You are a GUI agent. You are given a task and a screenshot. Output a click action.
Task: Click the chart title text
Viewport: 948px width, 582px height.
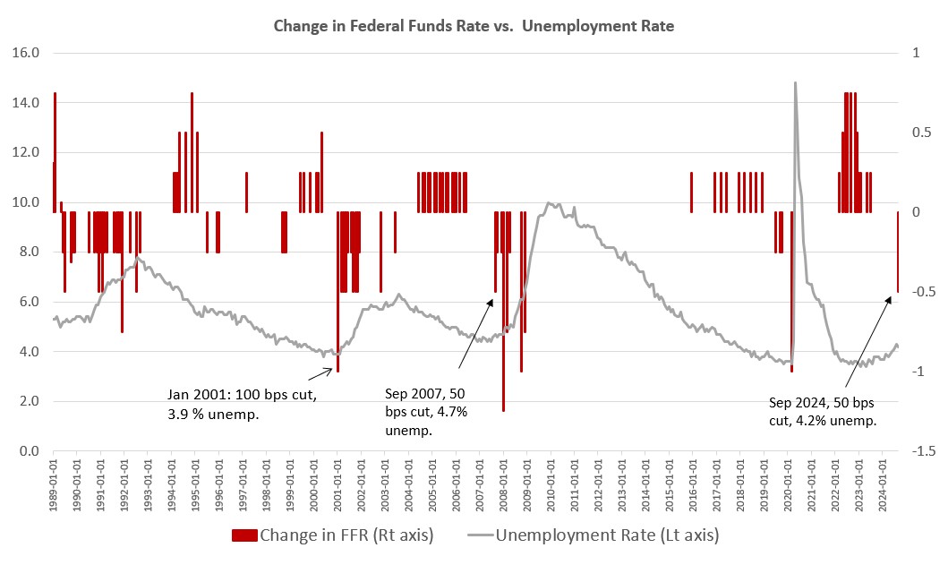(474, 27)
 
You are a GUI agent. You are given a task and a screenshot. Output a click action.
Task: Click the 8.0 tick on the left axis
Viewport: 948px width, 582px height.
(27, 252)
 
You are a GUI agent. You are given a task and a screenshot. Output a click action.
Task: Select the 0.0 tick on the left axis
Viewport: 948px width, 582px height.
(27, 451)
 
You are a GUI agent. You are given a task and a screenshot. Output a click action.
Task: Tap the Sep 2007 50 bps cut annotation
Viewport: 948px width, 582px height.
(426, 412)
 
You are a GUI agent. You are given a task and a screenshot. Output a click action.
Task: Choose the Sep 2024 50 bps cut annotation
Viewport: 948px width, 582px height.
(823, 411)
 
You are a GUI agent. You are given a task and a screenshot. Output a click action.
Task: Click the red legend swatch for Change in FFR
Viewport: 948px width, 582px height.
(244, 535)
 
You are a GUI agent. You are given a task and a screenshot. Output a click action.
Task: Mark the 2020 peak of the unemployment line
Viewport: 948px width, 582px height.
(795, 83)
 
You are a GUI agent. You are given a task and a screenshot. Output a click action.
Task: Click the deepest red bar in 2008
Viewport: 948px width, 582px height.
(504, 358)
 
